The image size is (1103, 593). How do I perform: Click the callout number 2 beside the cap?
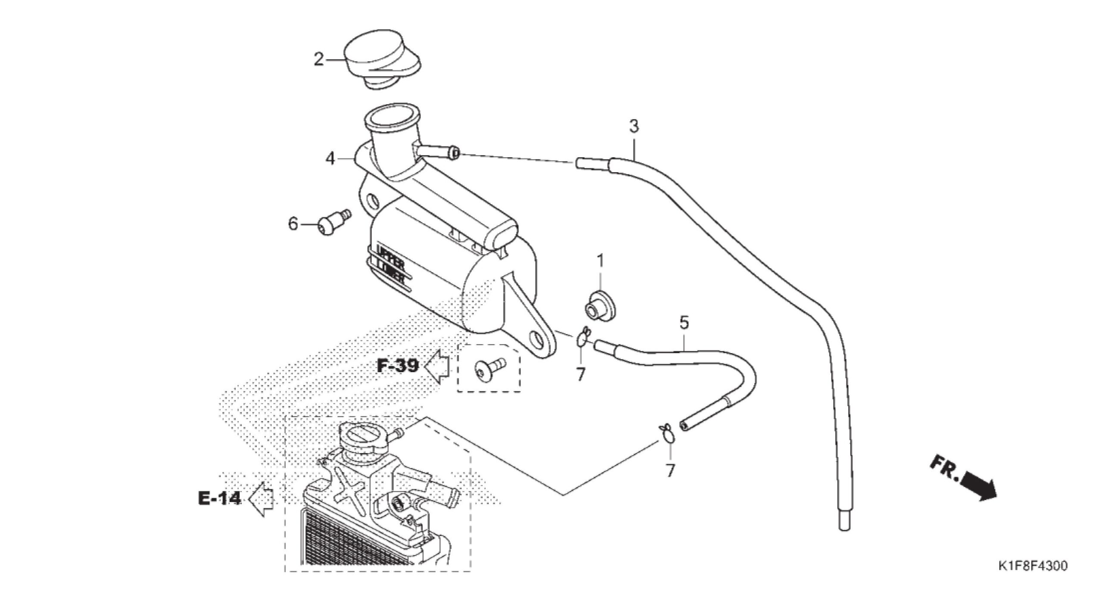click(x=318, y=59)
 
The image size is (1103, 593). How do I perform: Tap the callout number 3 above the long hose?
click(x=634, y=127)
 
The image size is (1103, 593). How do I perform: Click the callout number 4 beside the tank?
click(x=330, y=159)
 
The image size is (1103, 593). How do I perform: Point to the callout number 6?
click(x=293, y=224)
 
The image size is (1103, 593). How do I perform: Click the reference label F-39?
click(x=398, y=366)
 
